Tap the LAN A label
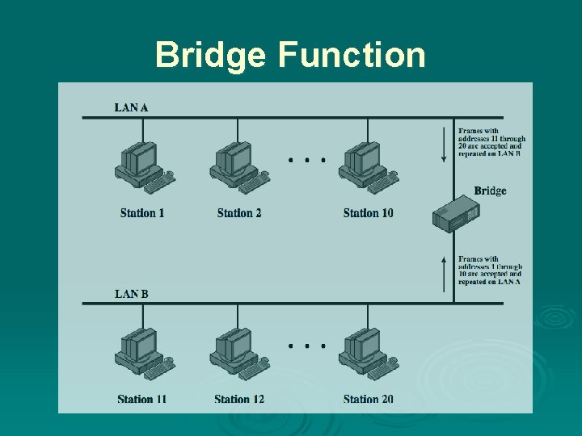point(131,107)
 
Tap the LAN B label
point(131,294)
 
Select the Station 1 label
point(142,213)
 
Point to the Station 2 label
point(239,213)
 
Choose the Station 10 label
point(368,213)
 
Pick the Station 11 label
point(141,399)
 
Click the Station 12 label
point(239,399)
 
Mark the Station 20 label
point(368,399)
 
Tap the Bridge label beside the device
point(490,191)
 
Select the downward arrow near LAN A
point(443,144)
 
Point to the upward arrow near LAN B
point(443,273)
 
